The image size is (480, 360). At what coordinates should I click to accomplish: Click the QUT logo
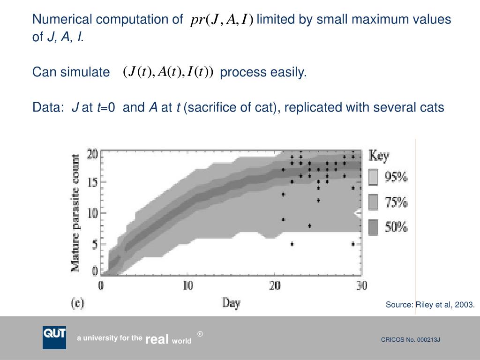click(54, 337)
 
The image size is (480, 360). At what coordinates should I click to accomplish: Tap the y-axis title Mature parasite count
click(75, 213)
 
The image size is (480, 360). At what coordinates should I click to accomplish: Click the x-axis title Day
click(231, 303)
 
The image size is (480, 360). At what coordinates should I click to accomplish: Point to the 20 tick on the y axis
click(92, 154)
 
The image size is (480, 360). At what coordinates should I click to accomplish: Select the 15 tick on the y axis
click(92, 183)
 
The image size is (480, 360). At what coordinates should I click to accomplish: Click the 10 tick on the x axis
click(187, 285)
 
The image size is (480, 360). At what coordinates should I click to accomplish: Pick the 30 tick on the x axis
click(361, 285)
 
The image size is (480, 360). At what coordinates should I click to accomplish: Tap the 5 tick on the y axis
click(95, 244)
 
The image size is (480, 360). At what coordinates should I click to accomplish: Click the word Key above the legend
click(379, 156)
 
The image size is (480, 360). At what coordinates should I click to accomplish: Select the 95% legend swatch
click(373, 177)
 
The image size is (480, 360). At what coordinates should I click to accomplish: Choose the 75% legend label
click(396, 202)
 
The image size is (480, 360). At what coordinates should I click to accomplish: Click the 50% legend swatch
click(373, 228)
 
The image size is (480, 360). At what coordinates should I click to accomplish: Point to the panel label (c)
click(77, 303)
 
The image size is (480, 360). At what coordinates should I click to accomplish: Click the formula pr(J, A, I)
click(222, 20)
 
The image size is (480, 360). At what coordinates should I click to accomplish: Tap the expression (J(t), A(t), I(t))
click(168, 72)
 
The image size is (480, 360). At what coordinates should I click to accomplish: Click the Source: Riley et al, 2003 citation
click(430, 305)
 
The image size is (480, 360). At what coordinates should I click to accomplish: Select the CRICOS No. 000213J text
click(410, 340)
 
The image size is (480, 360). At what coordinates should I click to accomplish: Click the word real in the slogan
click(157, 339)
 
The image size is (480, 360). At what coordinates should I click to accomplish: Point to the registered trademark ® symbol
click(200, 334)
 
